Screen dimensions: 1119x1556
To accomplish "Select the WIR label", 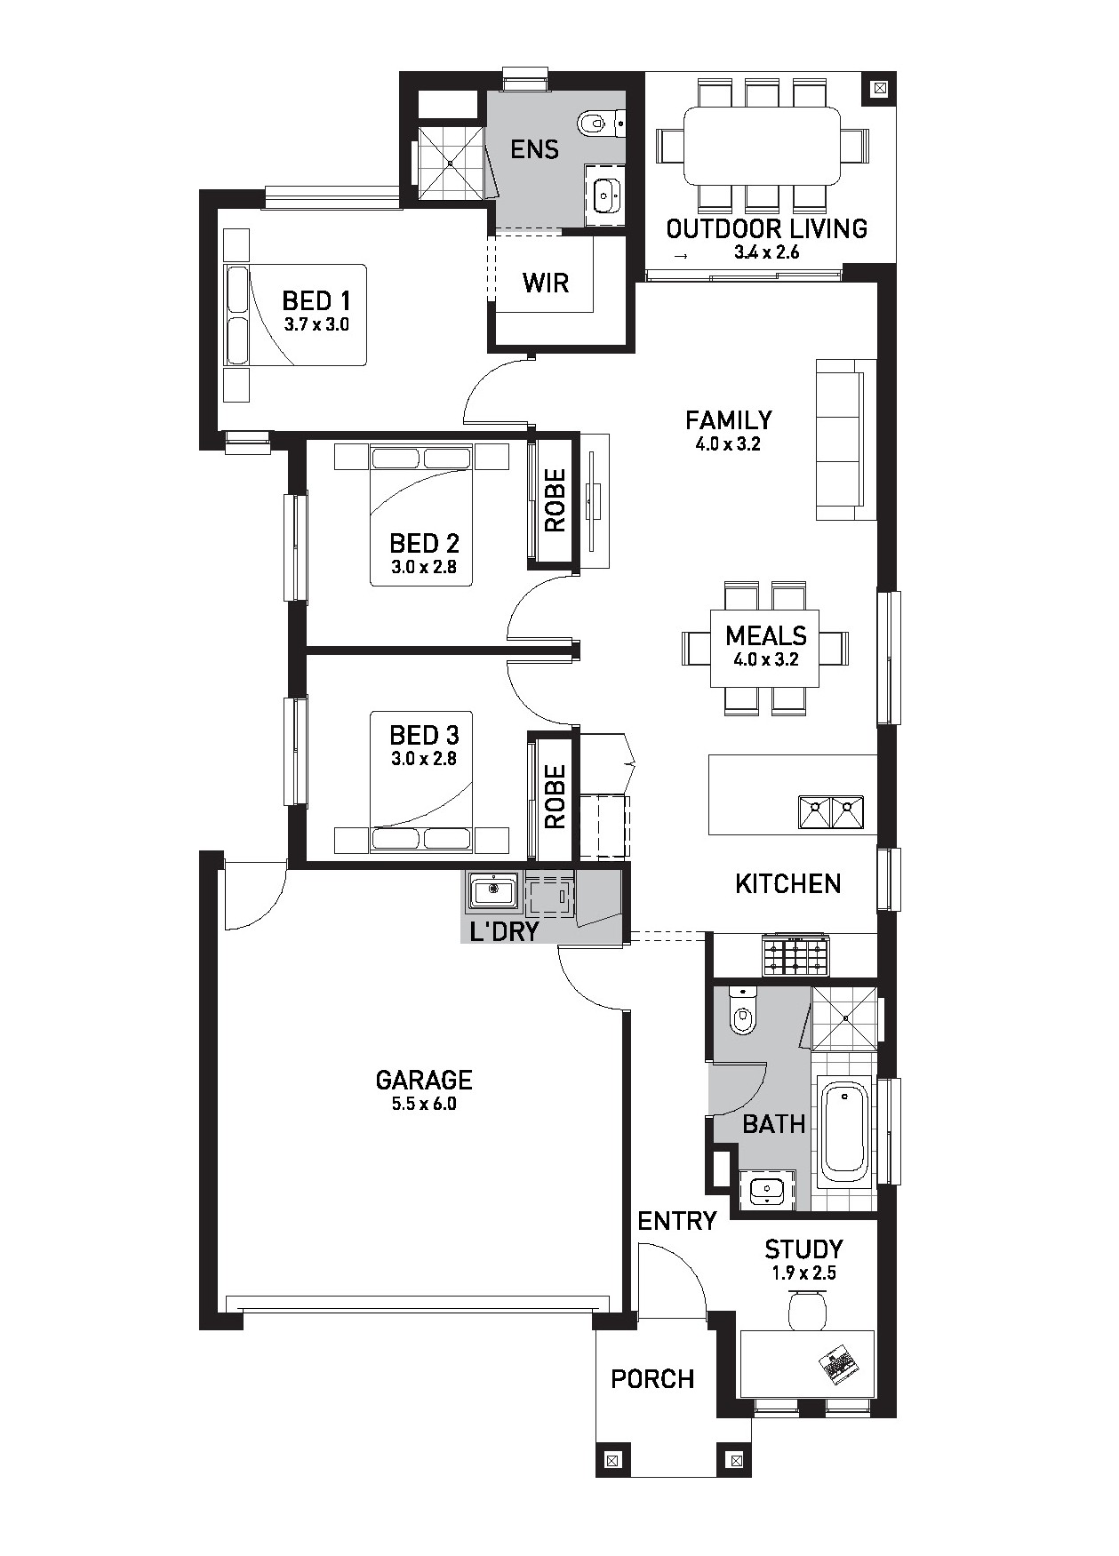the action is click(545, 283).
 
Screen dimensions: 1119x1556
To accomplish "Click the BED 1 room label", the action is click(316, 300).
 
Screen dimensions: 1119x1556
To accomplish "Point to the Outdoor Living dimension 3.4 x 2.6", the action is click(767, 252).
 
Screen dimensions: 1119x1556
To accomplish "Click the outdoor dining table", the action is click(762, 146).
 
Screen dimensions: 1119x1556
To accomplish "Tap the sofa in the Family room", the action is click(840, 439).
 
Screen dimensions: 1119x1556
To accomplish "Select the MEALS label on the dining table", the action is click(766, 635).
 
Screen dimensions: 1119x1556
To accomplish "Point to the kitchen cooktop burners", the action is click(795, 956).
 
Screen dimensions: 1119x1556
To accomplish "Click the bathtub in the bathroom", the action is click(843, 1131).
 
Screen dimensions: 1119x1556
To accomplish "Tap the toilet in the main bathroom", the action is click(741, 1010).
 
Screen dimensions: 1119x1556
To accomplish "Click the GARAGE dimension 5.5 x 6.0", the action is click(424, 1105).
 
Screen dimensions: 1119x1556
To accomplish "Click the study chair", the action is click(807, 1310).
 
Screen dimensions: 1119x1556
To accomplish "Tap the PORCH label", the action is click(652, 1379).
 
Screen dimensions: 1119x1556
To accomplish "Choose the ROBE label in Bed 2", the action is click(555, 500).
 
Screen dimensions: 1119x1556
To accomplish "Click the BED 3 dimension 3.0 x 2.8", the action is click(424, 759).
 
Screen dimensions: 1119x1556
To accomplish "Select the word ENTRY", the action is click(677, 1221).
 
